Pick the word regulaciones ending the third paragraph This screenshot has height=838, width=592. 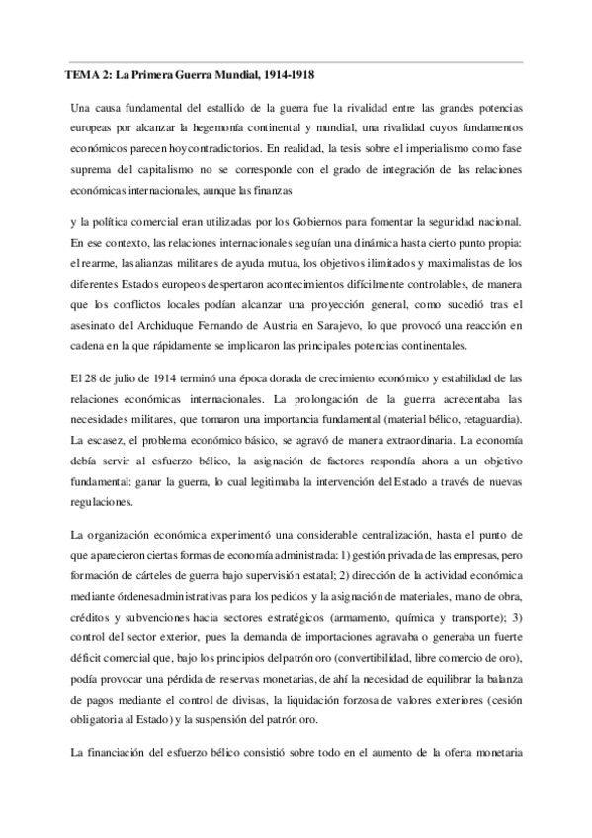pyautogui.click(x=102, y=503)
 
